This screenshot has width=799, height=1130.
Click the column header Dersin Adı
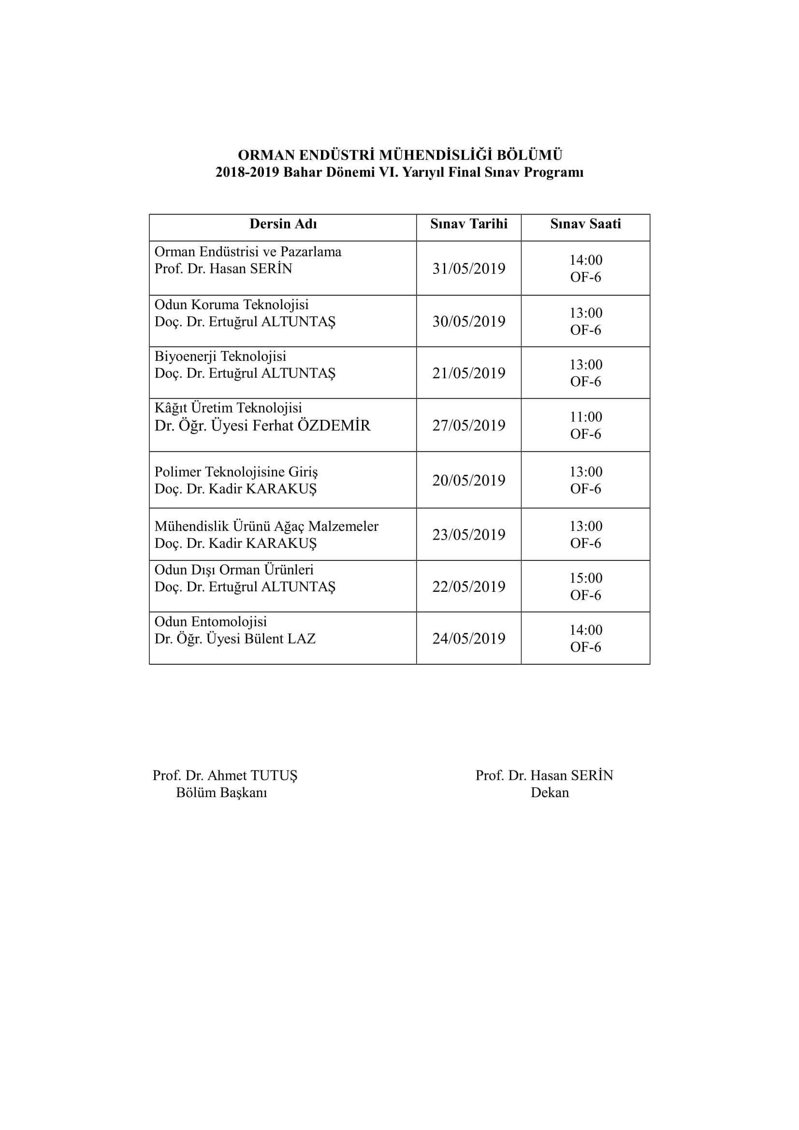pyautogui.click(x=283, y=224)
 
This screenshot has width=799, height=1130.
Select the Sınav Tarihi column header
pyautogui.click(x=469, y=224)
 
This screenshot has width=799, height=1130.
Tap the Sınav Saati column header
pyautogui.click(x=585, y=224)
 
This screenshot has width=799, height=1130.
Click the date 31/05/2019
pyautogui.click(x=469, y=269)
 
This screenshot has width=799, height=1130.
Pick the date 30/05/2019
pyautogui.click(x=469, y=321)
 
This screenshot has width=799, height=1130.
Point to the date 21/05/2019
pyautogui.click(x=469, y=373)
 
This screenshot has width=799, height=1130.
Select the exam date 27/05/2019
pyautogui.click(x=469, y=425)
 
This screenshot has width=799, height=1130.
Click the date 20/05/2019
pyautogui.click(x=469, y=480)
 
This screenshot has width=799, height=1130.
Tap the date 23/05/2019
pyautogui.click(x=469, y=534)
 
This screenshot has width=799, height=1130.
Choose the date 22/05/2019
pyautogui.click(x=469, y=586)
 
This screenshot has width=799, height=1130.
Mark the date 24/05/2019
pyautogui.click(x=469, y=639)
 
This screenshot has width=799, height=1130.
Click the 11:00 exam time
pyautogui.click(x=586, y=417)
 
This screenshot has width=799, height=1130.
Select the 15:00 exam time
pyautogui.click(x=586, y=578)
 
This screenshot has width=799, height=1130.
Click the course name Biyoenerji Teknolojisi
pyautogui.click(x=220, y=357)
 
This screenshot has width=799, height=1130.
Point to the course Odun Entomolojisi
pyautogui.click(x=211, y=622)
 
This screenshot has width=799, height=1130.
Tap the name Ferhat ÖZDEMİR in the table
pyautogui.click(x=311, y=426)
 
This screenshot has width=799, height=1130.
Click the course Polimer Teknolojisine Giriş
pyautogui.click(x=236, y=472)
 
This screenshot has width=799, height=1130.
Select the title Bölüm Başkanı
pyautogui.click(x=221, y=792)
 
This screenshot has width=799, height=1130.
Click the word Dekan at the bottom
pyautogui.click(x=550, y=792)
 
